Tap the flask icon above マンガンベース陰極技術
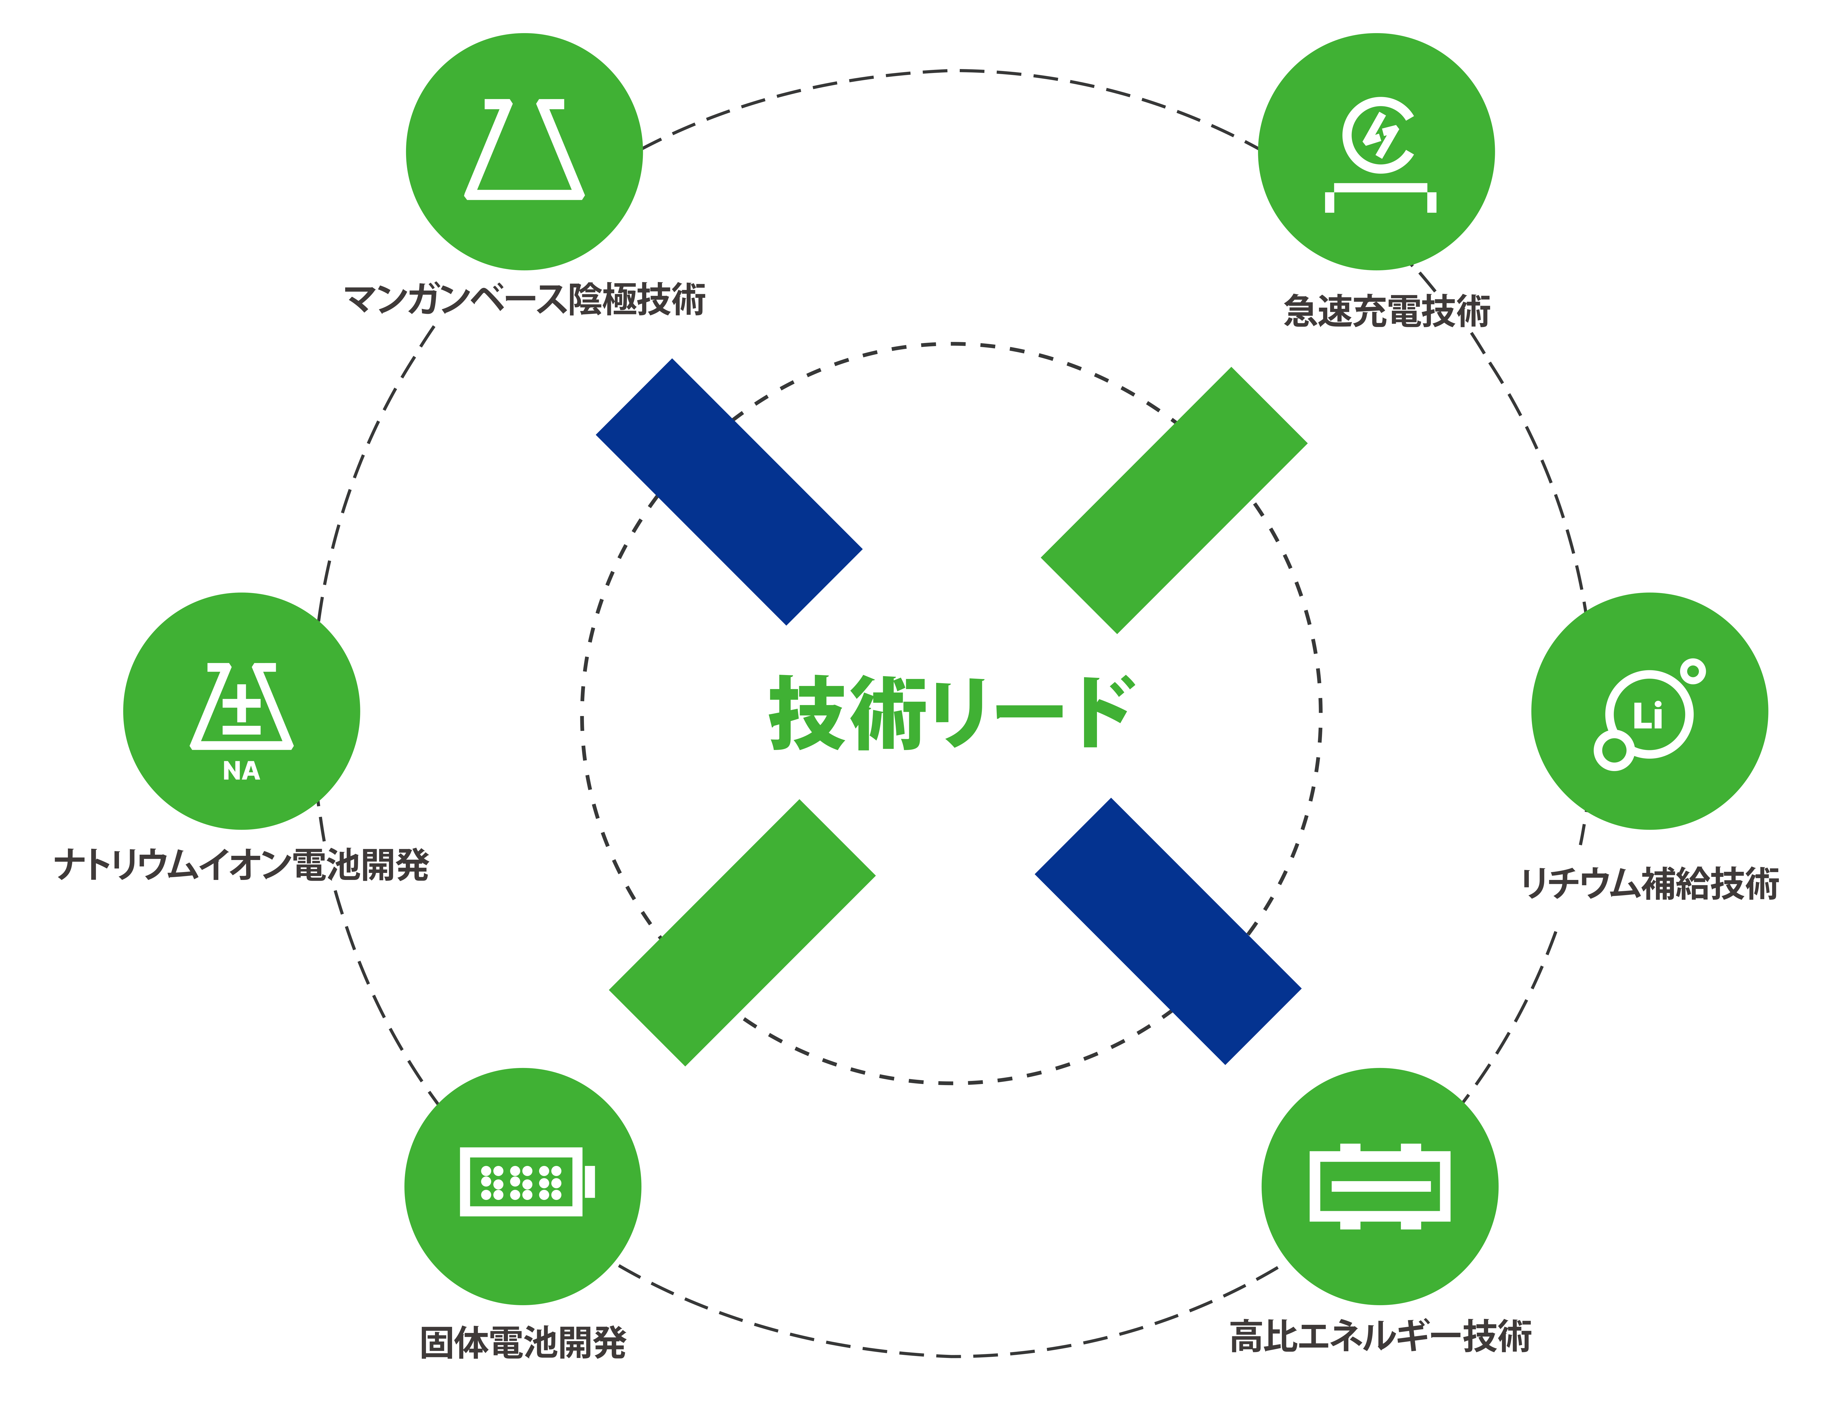(x=524, y=150)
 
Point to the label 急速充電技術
(x=1387, y=310)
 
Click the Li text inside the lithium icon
(x=1648, y=716)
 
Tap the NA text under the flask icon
(x=241, y=771)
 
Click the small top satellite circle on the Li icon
(x=1693, y=671)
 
